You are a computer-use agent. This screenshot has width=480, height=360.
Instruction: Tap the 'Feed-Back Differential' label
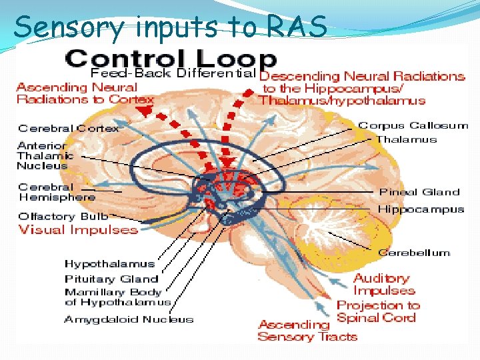point(173,72)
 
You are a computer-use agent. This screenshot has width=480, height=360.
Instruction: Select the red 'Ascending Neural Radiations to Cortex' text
point(85,93)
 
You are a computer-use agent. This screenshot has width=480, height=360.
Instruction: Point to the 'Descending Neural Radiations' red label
point(361,88)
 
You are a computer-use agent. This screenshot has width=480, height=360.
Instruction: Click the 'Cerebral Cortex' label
point(69,128)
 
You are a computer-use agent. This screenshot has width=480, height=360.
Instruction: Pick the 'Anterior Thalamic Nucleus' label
point(43,155)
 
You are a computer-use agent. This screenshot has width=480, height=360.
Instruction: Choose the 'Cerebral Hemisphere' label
point(57,192)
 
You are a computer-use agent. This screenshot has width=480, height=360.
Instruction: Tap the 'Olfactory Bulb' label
point(63,216)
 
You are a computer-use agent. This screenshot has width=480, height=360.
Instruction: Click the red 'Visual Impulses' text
point(78,230)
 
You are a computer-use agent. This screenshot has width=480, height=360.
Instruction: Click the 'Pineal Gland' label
point(419,192)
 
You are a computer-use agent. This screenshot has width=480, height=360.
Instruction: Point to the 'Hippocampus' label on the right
point(421,209)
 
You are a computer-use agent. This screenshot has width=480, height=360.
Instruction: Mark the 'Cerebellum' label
point(413,253)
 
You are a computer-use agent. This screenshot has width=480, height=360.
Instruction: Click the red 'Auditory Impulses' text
point(383,284)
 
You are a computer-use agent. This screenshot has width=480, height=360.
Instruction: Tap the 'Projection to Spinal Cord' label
point(377,311)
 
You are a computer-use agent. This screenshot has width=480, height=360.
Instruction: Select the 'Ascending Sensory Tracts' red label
point(307,331)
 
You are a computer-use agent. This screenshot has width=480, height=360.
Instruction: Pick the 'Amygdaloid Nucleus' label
point(129,319)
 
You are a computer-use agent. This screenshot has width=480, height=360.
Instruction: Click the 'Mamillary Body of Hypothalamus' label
point(117,297)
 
